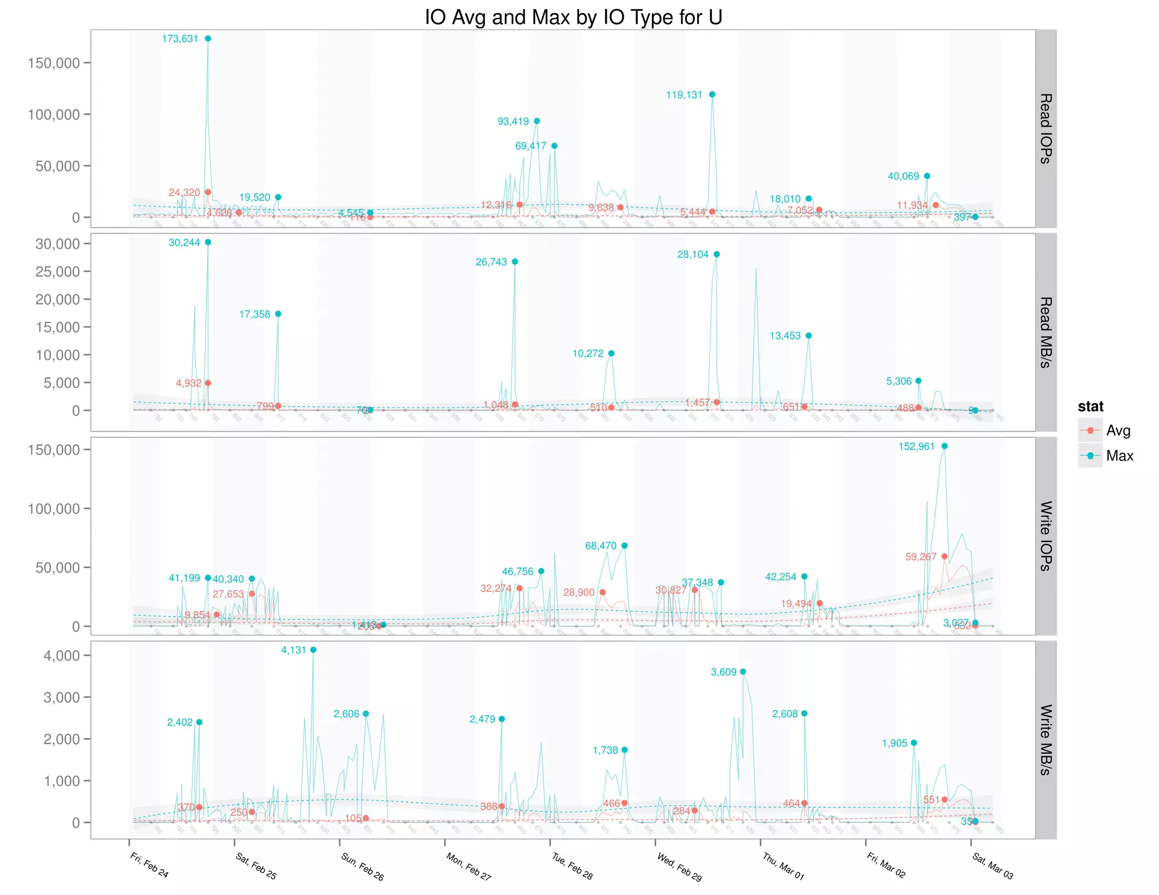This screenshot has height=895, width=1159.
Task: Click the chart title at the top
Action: (x=573, y=17)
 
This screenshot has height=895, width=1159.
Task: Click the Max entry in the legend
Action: (x=1119, y=456)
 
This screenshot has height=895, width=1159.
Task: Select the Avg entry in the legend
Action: (x=1118, y=431)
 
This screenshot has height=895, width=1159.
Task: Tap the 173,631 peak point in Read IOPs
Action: (x=208, y=38)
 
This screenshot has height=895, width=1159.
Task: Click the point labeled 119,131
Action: (x=712, y=94)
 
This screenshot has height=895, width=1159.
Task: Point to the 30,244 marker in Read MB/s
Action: (x=208, y=242)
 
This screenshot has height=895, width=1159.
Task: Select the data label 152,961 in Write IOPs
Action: (x=916, y=446)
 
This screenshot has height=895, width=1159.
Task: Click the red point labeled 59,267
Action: (x=945, y=557)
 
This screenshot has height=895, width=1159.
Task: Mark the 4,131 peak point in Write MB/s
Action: (x=314, y=650)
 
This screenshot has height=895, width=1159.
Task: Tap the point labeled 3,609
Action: (x=743, y=672)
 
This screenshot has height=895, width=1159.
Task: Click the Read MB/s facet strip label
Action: (x=1045, y=332)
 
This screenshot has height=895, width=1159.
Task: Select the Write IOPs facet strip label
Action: (x=1045, y=536)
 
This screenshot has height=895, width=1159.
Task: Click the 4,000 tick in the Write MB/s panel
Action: (x=61, y=656)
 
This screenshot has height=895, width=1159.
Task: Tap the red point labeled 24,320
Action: (x=208, y=192)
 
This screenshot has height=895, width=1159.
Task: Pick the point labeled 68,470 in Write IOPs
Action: (x=624, y=546)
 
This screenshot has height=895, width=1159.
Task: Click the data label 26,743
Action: (x=491, y=262)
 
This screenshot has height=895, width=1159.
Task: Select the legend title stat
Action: (x=1090, y=406)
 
